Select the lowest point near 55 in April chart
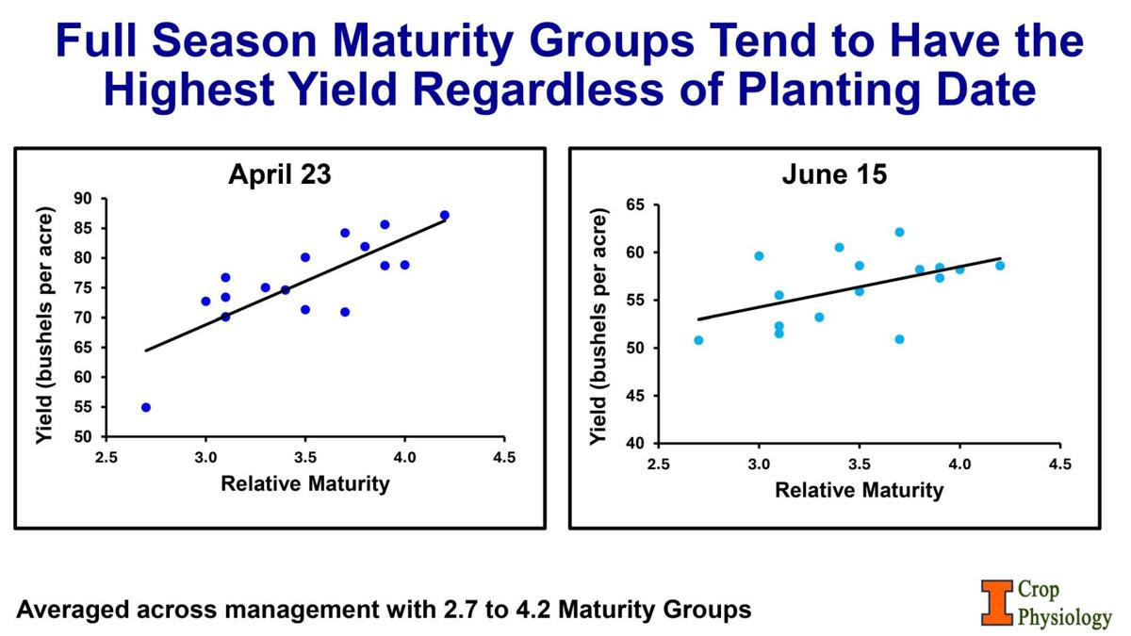click(x=146, y=407)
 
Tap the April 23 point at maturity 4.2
click(x=445, y=215)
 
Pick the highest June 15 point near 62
click(x=899, y=232)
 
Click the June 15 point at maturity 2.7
click(x=698, y=340)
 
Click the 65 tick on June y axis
click(x=636, y=205)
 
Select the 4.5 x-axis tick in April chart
click(x=504, y=458)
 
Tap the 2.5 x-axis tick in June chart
click(x=659, y=464)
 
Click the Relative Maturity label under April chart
click(x=304, y=484)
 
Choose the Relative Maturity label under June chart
click(x=859, y=490)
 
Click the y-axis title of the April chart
click(x=43, y=318)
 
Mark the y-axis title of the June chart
click(x=597, y=325)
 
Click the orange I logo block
click(x=994, y=603)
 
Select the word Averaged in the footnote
click(x=73, y=610)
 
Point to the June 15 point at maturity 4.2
click(x=1000, y=266)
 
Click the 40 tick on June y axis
click(x=636, y=444)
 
